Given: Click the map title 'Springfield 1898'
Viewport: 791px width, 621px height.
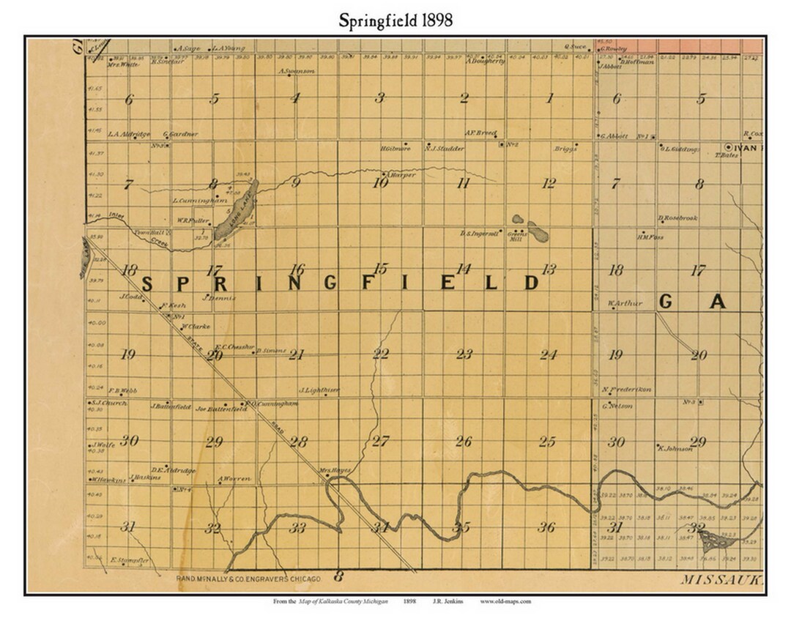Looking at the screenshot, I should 395,20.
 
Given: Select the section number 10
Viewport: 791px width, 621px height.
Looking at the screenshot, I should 379,183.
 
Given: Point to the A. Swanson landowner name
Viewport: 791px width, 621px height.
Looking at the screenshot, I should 297,71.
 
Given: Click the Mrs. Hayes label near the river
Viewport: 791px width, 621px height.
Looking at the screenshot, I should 335,470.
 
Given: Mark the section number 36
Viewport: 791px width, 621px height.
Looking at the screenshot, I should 546,527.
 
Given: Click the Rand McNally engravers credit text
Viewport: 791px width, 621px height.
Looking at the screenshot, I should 249,579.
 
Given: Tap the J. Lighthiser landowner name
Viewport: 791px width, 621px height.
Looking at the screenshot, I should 319,390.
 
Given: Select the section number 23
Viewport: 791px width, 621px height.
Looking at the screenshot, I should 464,354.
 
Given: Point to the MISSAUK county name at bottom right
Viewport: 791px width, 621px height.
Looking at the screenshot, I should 722,579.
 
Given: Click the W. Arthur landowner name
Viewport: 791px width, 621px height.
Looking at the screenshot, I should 625,304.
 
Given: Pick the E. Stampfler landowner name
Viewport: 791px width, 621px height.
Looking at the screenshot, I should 130,561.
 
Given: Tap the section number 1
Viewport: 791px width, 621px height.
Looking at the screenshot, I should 549,98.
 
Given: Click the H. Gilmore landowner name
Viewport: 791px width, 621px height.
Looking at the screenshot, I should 395,149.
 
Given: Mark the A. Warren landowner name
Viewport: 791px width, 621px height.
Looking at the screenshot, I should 234,479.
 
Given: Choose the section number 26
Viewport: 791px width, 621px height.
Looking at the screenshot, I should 463,442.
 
